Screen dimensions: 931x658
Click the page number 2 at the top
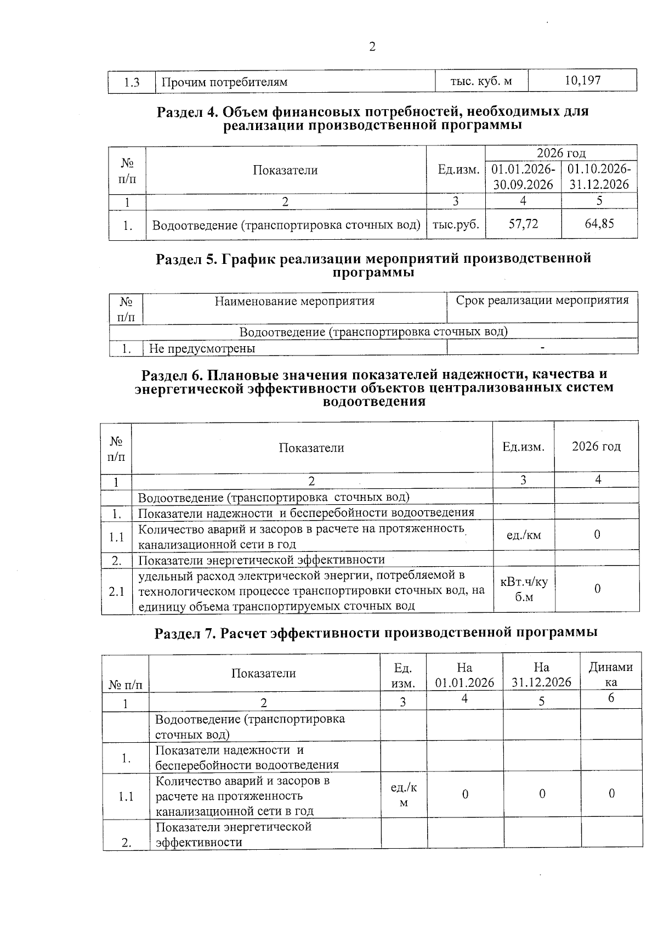372,47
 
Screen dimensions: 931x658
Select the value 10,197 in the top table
582,81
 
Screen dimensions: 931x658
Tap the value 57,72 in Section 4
523,223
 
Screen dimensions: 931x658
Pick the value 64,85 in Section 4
599,223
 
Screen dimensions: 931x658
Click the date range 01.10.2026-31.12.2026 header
599,176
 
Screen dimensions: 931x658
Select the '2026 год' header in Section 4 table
560,153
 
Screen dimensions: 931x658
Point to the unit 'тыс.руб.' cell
456,224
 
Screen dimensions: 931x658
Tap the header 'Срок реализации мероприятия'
542,300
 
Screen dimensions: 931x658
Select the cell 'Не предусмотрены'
202,348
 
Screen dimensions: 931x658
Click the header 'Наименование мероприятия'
294,301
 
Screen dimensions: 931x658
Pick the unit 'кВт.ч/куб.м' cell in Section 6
524,589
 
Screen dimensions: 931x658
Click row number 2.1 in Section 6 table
116,591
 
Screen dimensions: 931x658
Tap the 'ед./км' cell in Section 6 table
524,535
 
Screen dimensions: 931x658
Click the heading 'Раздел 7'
376,633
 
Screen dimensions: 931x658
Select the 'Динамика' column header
610,674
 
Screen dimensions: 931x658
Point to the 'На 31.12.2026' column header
541,674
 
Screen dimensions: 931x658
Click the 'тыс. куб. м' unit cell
481,81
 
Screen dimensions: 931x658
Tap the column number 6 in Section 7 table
611,698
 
